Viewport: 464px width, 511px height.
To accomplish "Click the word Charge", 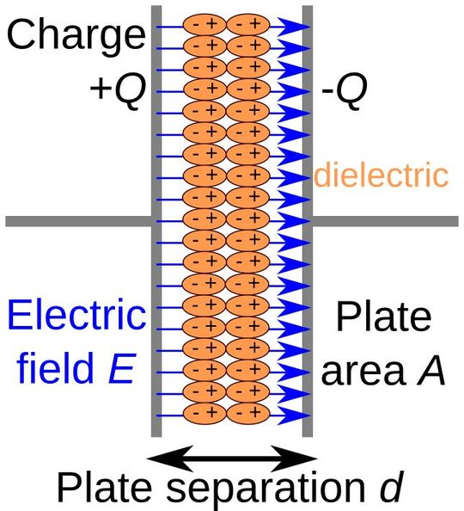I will point(75,36).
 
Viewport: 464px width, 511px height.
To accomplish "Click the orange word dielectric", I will point(381,176).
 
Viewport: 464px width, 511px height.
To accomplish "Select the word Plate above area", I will point(383,317).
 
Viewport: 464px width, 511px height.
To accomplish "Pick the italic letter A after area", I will point(430,372).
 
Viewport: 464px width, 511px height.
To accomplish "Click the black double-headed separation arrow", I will point(229,453).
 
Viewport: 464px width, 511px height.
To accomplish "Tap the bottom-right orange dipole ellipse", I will point(249,412).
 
